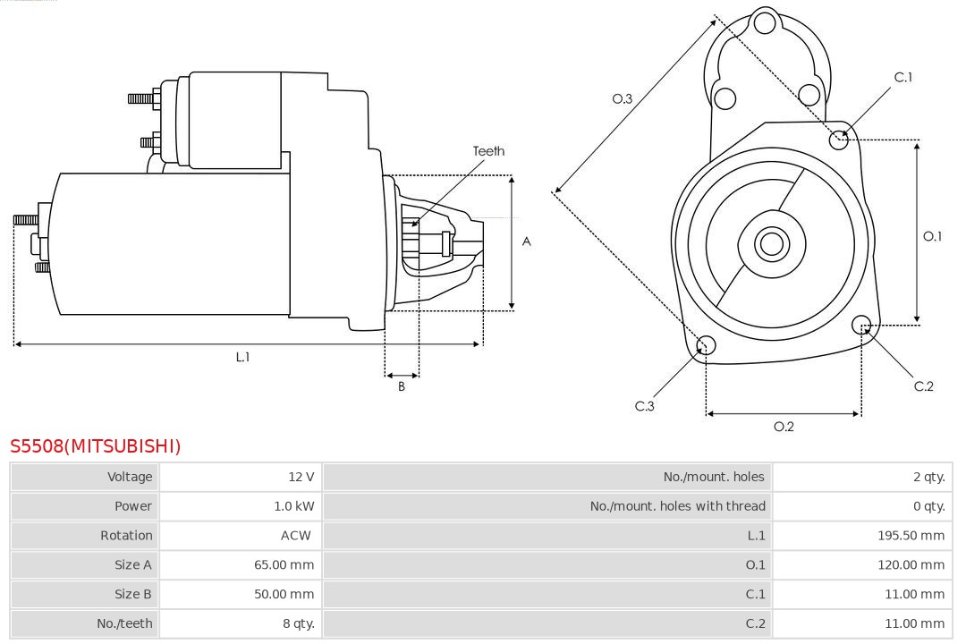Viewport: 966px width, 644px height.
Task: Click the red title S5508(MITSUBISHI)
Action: [96, 445]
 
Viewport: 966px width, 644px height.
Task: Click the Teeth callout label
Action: [488, 151]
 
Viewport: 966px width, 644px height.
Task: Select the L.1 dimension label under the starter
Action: [242, 357]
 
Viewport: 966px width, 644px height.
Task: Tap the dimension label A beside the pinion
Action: [527, 241]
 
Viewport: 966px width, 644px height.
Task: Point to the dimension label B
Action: [402, 387]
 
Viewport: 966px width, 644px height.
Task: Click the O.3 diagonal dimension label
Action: [623, 98]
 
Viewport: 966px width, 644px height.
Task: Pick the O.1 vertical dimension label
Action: [932, 236]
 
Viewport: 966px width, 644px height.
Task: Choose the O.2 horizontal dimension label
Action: [784, 427]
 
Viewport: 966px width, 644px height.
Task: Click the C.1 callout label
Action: [903, 77]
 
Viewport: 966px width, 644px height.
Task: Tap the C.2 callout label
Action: [923, 386]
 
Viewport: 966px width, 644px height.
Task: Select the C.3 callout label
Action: [645, 406]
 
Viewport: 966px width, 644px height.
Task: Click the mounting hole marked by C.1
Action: [839, 140]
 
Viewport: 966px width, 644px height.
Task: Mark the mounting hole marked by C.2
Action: [861, 324]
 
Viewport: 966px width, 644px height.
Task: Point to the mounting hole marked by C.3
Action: [706, 346]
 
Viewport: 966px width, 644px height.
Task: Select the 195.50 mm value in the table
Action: [911, 536]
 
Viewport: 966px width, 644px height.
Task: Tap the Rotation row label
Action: [126, 536]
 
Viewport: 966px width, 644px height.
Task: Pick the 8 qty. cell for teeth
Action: [299, 623]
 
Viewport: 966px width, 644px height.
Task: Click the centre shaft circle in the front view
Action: [770, 243]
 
